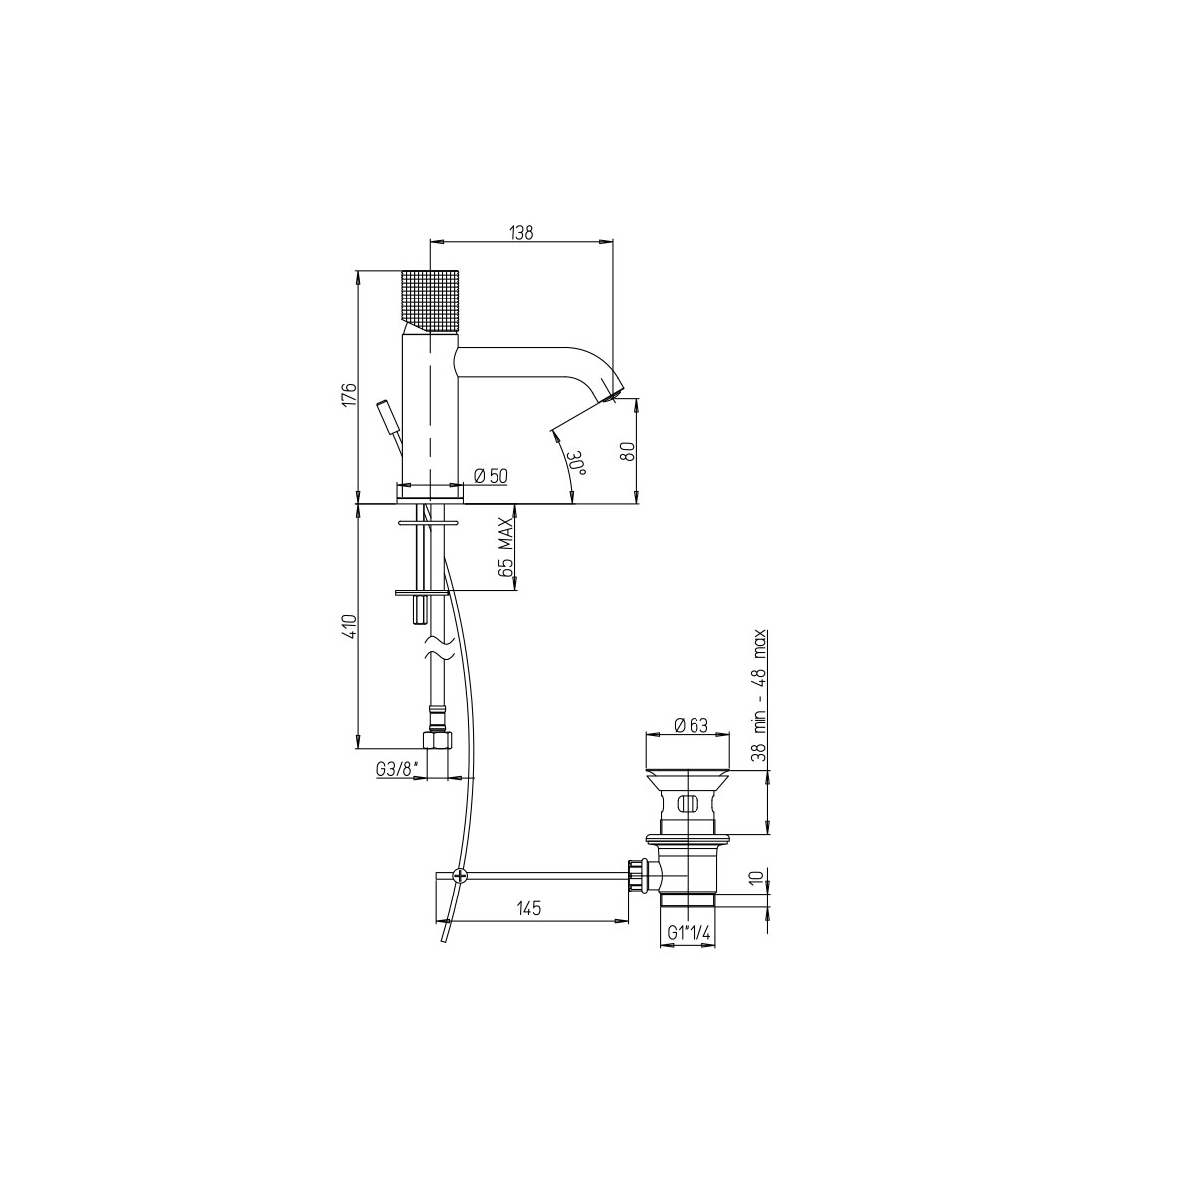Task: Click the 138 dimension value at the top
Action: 521,233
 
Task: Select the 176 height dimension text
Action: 350,394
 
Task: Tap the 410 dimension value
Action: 350,626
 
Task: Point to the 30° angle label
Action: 577,463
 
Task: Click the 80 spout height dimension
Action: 629,451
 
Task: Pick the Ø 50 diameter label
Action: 491,476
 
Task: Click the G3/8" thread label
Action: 398,769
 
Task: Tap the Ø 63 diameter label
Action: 691,725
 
